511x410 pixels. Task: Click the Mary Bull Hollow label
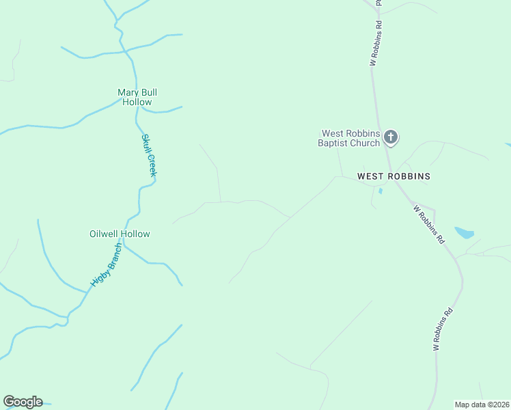[x=137, y=97]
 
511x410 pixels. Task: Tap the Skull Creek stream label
[x=149, y=155]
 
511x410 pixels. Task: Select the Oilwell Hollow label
[x=120, y=234]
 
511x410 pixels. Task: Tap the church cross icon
[x=391, y=137]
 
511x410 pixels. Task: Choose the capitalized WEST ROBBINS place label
[x=394, y=176]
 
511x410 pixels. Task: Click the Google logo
[x=23, y=402]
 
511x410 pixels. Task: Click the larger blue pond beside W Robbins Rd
[x=465, y=232]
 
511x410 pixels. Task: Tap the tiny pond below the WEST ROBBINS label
[x=381, y=191]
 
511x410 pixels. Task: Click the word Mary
[x=128, y=92]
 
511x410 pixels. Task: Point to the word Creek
[x=152, y=166]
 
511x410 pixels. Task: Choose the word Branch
[x=113, y=254]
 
